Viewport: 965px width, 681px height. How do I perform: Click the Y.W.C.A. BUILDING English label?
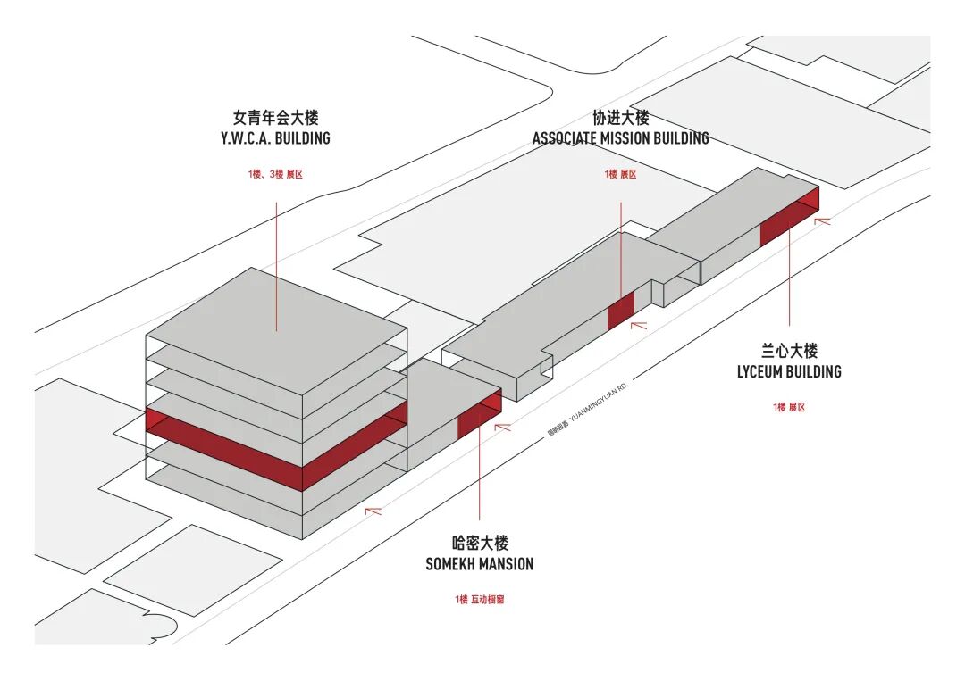pyautogui.click(x=275, y=138)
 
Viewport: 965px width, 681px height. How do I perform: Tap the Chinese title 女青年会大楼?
pyautogui.click(x=275, y=117)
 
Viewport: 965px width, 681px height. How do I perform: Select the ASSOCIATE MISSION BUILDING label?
pyautogui.click(x=620, y=138)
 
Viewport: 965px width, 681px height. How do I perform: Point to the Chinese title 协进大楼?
pyautogui.click(x=620, y=117)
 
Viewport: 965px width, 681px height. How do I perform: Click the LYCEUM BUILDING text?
pyautogui.click(x=789, y=371)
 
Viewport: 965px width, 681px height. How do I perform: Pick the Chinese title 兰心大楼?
pyautogui.click(x=789, y=351)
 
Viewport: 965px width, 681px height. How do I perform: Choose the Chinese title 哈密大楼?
pyautogui.click(x=480, y=543)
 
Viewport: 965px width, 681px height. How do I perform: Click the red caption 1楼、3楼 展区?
pyautogui.click(x=275, y=174)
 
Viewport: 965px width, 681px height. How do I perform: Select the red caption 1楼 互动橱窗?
pyautogui.click(x=479, y=600)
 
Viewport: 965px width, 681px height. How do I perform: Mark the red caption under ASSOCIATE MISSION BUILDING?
pyautogui.click(x=620, y=174)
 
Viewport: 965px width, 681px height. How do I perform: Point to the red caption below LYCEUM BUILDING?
pyautogui.click(x=789, y=407)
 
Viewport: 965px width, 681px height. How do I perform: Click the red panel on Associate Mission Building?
pyautogui.click(x=620, y=311)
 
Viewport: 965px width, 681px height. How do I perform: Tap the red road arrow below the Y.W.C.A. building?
pyautogui.click(x=373, y=511)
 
